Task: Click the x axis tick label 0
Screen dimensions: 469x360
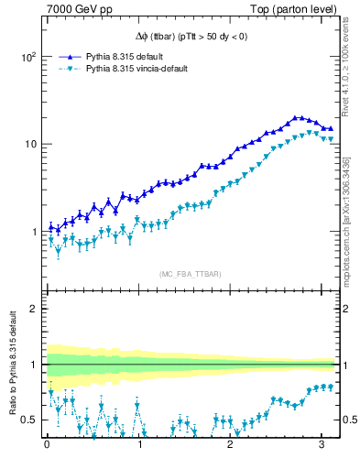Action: (x=47, y=446)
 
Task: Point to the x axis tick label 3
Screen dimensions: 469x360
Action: (x=322, y=446)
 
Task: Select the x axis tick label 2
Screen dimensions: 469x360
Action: (x=231, y=446)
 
